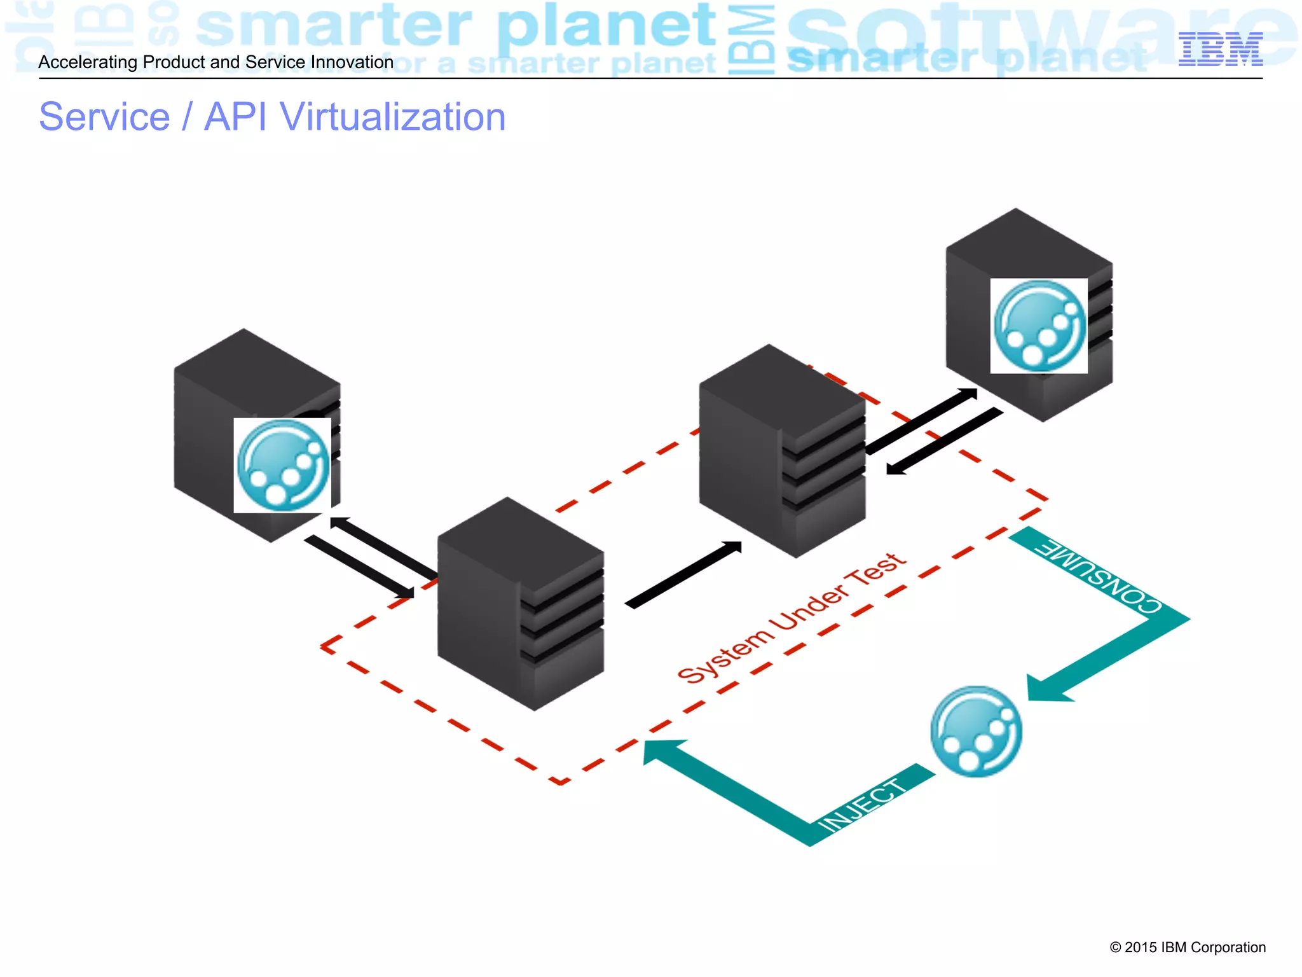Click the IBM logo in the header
click(1220, 49)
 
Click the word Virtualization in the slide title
click(392, 117)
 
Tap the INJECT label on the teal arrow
click(863, 805)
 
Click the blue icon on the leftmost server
click(282, 466)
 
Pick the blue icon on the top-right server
click(1039, 326)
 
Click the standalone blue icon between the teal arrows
click(976, 731)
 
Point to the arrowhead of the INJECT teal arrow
click(661, 751)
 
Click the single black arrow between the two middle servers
click(683, 575)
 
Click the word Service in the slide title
click(104, 117)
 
